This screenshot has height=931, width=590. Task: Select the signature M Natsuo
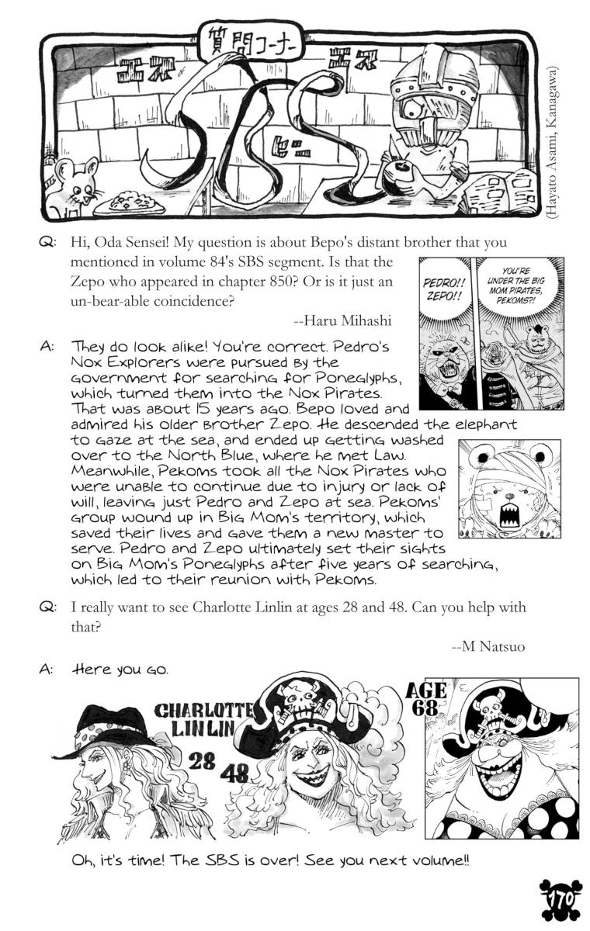point(494,642)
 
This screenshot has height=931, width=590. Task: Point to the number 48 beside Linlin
point(234,772)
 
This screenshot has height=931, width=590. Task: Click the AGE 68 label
point(426,698)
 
